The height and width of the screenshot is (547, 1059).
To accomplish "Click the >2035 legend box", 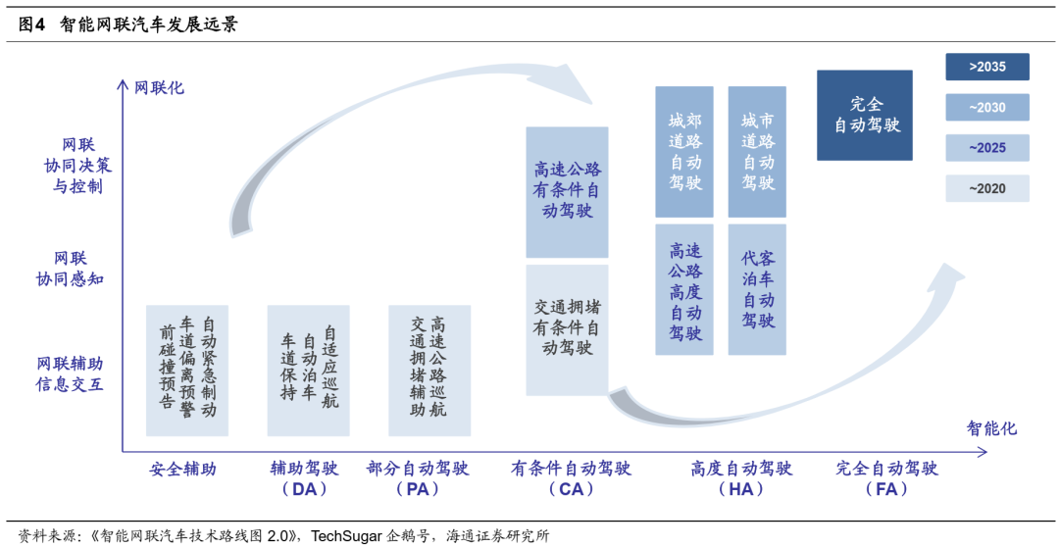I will point(987,67).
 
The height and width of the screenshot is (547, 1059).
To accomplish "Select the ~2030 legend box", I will point(987,108).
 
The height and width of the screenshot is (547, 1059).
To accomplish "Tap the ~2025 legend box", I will point(987,148).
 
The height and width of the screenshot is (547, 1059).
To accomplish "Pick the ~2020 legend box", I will point(987,188).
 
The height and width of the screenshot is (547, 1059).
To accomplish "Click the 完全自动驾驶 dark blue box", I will point(865,115).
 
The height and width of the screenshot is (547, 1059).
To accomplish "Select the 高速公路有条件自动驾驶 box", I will point(567,191).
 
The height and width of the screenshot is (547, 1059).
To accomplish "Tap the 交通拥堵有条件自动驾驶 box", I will point(567,329).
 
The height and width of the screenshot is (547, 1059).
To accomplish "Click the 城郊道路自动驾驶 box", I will point(684,152).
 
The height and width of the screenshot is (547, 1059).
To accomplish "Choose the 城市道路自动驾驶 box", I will point(757,152).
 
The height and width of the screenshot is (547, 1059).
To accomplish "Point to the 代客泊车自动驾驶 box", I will point(757,289).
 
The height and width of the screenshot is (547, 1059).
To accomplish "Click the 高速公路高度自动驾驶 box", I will point(684,289).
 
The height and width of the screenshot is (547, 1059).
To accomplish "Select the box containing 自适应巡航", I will point(308,371).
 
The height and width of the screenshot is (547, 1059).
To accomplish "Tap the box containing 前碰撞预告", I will point(186,371).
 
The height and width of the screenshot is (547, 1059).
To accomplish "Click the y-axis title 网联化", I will point(158,87).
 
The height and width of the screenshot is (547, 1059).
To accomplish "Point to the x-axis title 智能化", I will point(991,428).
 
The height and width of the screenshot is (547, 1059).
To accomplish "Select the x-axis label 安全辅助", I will point(182,469).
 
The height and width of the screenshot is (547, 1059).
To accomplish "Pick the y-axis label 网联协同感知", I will point(70,269).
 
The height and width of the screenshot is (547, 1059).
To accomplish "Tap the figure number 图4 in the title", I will point(32,25).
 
